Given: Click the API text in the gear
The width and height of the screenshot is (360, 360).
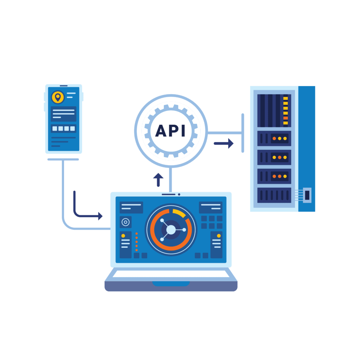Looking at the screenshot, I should [171, 131].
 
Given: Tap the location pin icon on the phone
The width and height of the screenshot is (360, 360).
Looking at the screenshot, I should [58, 97].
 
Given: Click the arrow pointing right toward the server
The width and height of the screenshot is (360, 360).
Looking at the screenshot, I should [224, 143].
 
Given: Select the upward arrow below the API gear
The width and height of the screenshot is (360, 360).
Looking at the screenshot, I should [158, 179].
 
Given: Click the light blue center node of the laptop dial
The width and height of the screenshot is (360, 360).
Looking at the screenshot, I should [171, 230].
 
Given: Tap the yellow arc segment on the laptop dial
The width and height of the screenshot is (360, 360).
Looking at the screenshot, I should [179, 213].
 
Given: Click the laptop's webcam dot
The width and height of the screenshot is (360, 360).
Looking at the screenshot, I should [179, 194].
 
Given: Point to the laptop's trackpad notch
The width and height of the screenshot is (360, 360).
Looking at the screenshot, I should [171, 283].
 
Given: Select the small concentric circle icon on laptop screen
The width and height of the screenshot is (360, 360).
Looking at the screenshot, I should [125, 222].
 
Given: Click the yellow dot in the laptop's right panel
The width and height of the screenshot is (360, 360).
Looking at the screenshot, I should [219, 236].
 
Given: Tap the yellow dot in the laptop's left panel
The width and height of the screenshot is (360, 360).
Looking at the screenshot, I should [123, 236].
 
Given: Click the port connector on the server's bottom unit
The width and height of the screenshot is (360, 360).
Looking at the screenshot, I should [307, 194].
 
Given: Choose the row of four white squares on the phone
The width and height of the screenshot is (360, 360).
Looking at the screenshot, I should [64, 129].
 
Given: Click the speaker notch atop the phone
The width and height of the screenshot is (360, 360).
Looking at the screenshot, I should [64, 85].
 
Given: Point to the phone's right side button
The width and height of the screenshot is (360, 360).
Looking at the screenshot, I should [83, 96].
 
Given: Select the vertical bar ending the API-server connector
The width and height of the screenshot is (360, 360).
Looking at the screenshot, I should [243, 133].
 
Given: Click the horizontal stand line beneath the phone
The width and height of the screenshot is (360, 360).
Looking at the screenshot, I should [63, 159].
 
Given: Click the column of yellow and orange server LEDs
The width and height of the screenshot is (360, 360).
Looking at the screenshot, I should [285, 110].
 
